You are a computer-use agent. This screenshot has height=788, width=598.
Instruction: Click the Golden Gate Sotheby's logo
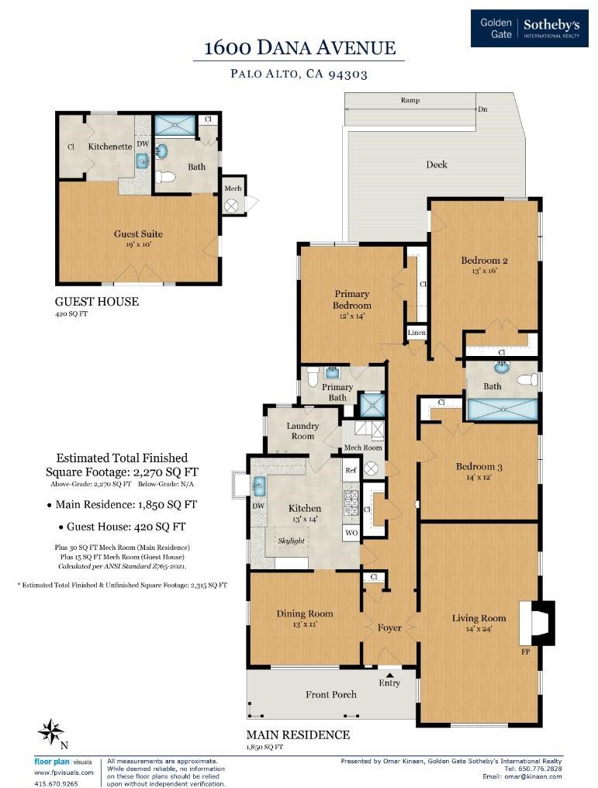(x=529, y=28)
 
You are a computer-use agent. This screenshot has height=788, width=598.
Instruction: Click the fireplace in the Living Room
(x=537, y=623)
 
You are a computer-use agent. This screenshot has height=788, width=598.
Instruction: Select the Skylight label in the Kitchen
(x=292, y=541)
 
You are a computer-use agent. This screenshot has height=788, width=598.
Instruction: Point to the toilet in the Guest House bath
(x=164, y=176)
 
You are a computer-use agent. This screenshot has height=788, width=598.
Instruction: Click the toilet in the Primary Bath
(x=312, y=376)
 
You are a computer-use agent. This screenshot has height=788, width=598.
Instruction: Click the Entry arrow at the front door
(x=389, y=675)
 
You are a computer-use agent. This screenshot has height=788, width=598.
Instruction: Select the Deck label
(x=436, y=164)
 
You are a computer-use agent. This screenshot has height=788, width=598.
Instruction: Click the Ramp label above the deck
(x=410, y=100)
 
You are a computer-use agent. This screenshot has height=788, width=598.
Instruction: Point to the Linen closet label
(x=417, y=333)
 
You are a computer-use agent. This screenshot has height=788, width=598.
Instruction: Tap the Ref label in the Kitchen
(x=351, y=470)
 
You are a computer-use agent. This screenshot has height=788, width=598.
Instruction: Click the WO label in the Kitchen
(x=351, y=533)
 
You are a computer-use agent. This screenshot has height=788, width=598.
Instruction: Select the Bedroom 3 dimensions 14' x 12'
(x=479, y=478)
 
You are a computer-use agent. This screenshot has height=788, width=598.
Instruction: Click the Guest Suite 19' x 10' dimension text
(x=138, y=245)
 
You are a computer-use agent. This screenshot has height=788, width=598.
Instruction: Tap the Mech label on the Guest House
(x=233, y=188)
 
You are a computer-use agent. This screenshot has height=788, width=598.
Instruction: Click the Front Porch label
(x=330, y=694)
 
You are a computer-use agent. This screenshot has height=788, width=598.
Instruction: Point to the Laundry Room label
(x=302, y=430)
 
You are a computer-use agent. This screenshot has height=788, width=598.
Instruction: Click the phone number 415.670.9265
(x=57, y=783)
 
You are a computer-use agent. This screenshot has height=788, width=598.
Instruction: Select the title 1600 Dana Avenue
(x=299, y=48)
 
